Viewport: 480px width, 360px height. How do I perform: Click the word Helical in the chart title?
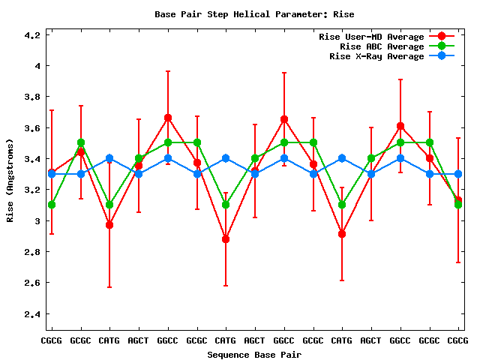pyautogui.click(x=247, y=14)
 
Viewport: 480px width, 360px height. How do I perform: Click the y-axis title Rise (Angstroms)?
pyautogui.click(x=10, y=180)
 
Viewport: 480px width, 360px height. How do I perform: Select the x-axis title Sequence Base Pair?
pyautogui.click(x=254, y=354)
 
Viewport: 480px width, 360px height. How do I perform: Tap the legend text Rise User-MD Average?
pyautogui.click(x=371, y=37)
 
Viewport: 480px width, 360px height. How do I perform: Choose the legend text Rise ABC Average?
pyautogui.click(x=382, y=46)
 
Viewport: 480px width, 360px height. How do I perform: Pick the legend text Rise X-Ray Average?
pyautogui.click(x=376, y=56)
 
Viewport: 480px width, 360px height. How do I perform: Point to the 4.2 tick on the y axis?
pyautogui.click(x=32, y=35)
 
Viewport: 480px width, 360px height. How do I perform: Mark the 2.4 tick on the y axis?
pyautogui.click(x=32, y=314)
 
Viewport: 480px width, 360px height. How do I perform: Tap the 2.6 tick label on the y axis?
pyautogui.click(x=32, y=283)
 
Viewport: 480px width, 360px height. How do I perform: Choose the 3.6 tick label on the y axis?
pyautogui.click(x=32, y=128)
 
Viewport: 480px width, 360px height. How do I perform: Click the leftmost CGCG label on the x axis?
pyautogui.click(x=51, y=340)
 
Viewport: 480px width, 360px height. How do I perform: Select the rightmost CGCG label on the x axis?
pyautogui.click(x=457, y=340)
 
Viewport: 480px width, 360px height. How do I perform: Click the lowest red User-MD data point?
pyautogui.click(x=226, y=239)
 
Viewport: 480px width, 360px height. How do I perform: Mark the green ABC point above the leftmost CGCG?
pyautogui.click(x=51, y=205)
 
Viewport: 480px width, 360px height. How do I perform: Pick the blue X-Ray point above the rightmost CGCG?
pyautogui.click(x=457, y=174)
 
